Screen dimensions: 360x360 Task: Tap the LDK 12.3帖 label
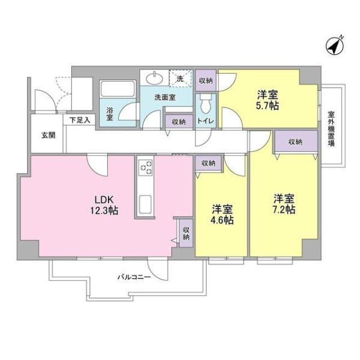click(103, 205)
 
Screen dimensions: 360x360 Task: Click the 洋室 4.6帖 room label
click(223, 214)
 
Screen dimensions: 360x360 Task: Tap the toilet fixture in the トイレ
click(205, 106)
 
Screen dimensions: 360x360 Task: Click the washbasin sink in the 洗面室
click(155, 78)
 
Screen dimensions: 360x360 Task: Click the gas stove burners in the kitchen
click(146, 168)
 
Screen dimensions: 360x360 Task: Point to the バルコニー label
click(133, 278)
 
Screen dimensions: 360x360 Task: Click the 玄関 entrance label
click(49, 135)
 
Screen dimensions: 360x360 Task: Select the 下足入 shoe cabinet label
click(79, 120)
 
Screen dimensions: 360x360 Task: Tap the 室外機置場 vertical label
click(331, 128)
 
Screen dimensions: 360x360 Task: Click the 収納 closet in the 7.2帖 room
click(295, 142)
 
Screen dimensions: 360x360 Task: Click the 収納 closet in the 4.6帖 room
click(208, 163)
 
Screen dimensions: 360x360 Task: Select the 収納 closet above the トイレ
click(205, 80)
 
